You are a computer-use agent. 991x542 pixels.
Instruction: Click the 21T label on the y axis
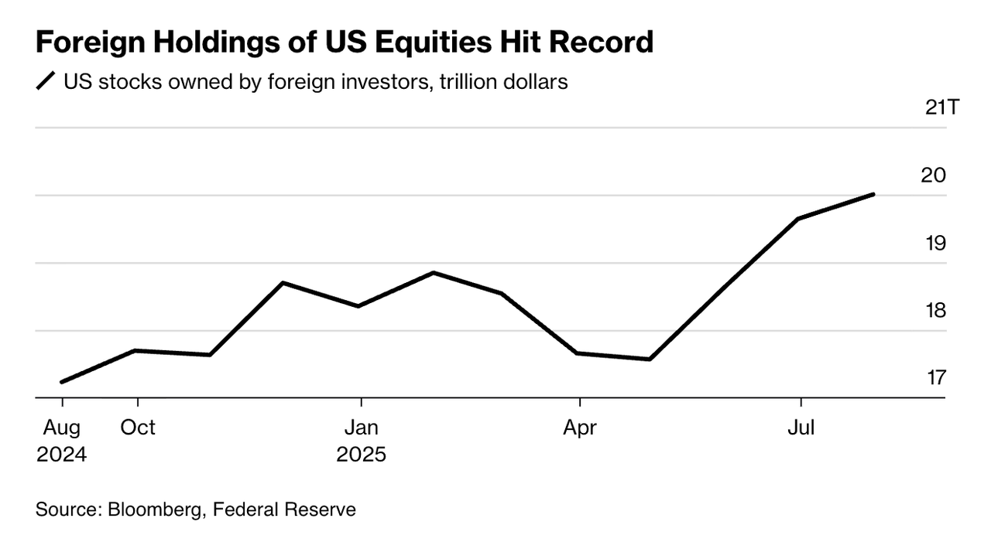941,107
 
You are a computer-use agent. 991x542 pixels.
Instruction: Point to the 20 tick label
934,176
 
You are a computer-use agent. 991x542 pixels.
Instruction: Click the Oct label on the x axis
138,427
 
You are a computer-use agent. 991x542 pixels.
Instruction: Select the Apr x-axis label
580,427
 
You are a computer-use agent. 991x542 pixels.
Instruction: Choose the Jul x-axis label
801,427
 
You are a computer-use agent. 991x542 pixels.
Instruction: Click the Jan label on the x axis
361,427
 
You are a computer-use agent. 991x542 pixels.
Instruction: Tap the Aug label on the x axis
62,427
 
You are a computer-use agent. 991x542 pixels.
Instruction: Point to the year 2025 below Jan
361,454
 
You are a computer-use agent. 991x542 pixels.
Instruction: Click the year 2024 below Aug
62,454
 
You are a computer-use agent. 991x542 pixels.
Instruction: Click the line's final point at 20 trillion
874,194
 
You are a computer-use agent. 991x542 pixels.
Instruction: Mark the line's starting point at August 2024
62,382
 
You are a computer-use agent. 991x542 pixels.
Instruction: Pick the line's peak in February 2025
434,273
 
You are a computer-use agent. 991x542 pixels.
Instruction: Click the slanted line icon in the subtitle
46,81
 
